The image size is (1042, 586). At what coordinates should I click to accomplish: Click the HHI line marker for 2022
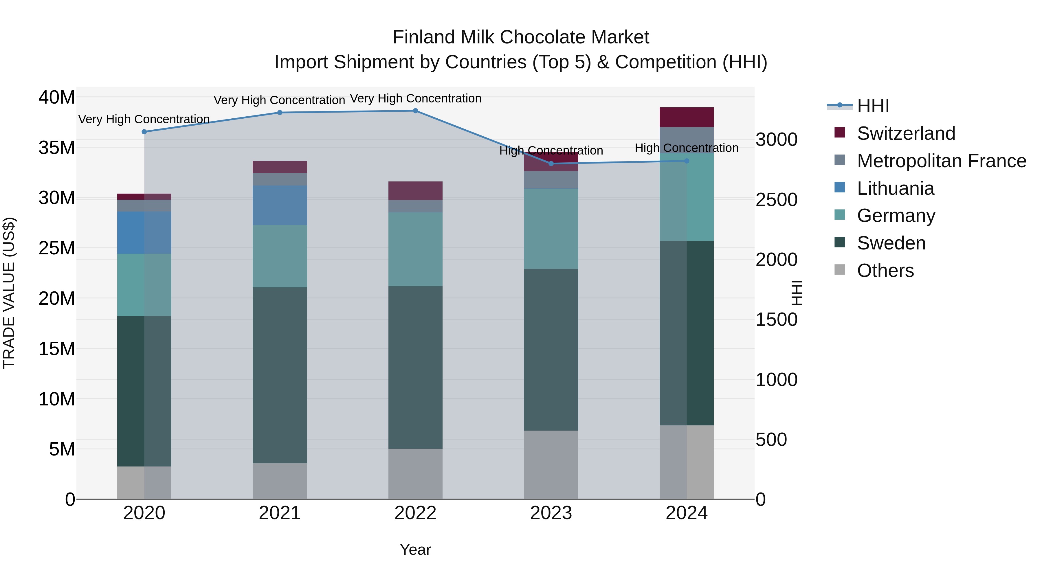click(x=415, y=111)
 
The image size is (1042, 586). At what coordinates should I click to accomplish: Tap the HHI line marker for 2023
click(x=551, y=164)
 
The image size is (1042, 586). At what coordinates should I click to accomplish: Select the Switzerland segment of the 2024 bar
click(x=687, y=117)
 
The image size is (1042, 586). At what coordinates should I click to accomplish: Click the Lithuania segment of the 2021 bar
click(x=280, y=205)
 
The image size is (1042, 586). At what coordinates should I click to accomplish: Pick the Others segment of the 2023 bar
click(x=551, y=465)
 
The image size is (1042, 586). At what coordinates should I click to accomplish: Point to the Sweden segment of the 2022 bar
click(x=415, y=367)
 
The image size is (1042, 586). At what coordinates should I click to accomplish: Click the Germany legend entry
click(x=896, y=216)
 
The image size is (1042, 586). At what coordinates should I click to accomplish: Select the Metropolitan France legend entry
click(x=941, y=161)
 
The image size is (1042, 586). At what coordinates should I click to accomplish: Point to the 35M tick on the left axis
click(x=57, y=148)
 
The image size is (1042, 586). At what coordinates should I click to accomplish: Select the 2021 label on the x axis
click(x=280, y=513)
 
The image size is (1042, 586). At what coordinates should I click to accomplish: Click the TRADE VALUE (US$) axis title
click(x=9, y=293)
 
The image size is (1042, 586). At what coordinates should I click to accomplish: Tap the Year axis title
click(x=415, y=550)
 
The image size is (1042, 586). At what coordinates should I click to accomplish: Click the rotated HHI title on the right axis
click(x=797, y=293)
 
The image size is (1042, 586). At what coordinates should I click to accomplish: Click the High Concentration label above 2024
click(x=687, y=148)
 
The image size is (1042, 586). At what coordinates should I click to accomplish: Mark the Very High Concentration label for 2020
click(x=144, y=119)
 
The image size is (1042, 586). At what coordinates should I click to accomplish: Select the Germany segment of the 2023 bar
click(x=551, y=229)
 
